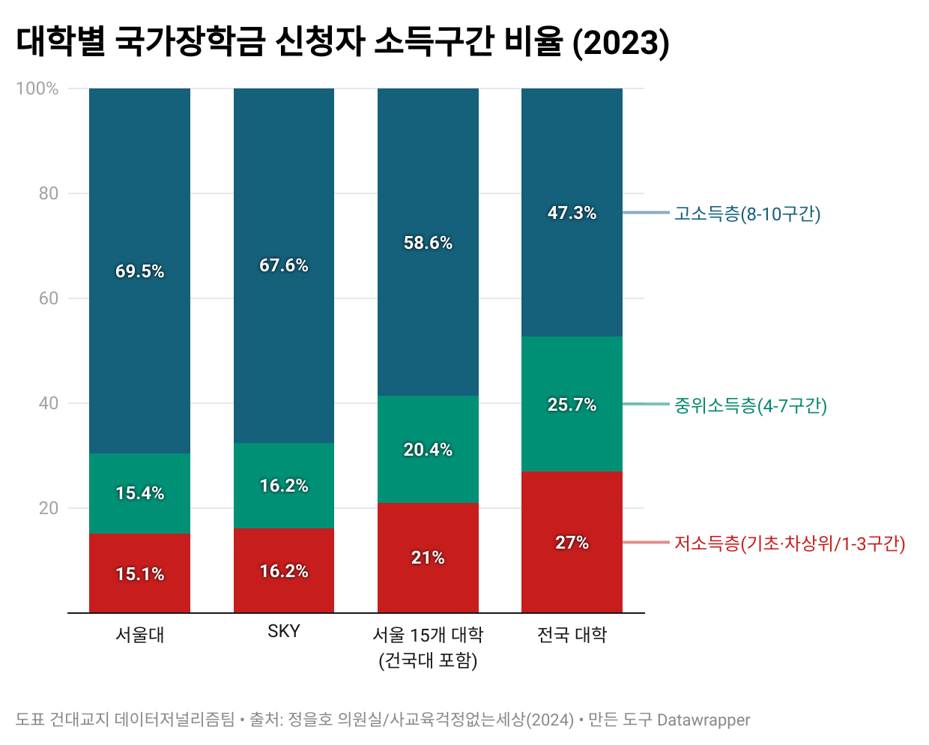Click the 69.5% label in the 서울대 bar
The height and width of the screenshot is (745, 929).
pyautogui.click(x=139, y=271)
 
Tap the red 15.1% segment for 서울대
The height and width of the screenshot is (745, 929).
pyautogui.click(x=139, y=574)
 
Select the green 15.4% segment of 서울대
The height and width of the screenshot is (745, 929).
pyautogui.click(x=139, y=493)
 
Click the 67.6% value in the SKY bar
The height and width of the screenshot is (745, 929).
pyautogui.click(x=283, y=265)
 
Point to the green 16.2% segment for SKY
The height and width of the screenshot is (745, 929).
pyautogui.click(x=283, y=486)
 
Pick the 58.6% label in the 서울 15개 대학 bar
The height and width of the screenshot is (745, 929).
pyautogui.click(x=428, y=243)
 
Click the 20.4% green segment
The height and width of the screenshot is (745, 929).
pyautogui.click(x=428, y=450)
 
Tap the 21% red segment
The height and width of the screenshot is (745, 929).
pyautogui.click(x=428, y=558)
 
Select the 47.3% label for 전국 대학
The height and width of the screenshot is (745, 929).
pyautogui.click(x=572, y=213)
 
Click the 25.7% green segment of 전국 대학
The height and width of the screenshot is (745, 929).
pyautogui.click(x=572, y=405)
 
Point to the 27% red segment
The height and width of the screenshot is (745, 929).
pyautogui.click(x=572, y=543)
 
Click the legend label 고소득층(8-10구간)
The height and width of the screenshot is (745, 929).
pyautogui.click(x=747, y=214)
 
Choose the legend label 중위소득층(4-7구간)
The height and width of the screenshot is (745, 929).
pyautogui.click(x=750, y=405)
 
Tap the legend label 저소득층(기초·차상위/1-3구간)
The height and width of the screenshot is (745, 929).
pyautogui.click(x=789, y=543)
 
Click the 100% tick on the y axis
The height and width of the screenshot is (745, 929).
pyautogui.click(x=37, y=88)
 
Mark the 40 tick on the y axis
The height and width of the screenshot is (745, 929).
pyautogui.click(x=48, y=403)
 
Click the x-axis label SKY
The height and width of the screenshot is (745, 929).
pyautogui.click(x=283, y=631)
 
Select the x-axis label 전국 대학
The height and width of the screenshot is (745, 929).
pyautogui.click(x=572, y=635)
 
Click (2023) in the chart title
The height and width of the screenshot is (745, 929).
pyautogui.click(x=620, y=42)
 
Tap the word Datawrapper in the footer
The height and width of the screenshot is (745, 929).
pyautogui.click(x=703, y=720)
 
